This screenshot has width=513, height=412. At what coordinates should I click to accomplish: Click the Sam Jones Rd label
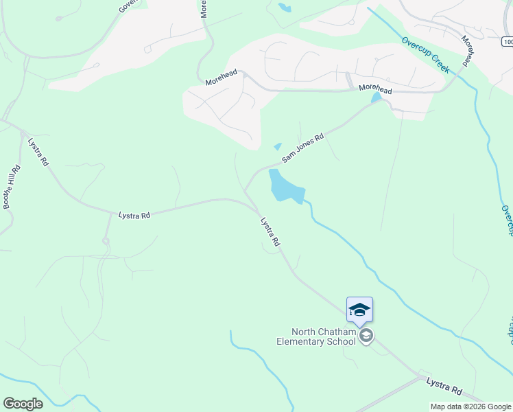[302, 148]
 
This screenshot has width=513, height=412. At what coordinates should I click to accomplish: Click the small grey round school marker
[366, 336]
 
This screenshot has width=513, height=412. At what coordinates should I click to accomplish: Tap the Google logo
[23, 403]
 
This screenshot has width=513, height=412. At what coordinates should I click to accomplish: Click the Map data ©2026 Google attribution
[470, 407]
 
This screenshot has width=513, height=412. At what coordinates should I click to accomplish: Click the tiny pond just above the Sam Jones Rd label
[277, 146]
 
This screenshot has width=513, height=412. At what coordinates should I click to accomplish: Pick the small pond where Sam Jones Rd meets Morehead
[375, 98]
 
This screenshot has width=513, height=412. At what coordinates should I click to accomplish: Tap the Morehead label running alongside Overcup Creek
[468, 51]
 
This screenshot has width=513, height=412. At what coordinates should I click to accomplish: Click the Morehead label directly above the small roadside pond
[375, 90]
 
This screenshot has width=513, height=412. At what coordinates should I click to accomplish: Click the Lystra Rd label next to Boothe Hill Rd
[38, 152]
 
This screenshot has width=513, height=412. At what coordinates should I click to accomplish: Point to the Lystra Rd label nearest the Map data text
[444, 385]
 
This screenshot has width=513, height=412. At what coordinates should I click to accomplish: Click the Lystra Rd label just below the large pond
[270, 232]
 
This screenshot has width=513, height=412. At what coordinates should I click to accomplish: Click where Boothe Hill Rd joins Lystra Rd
[23, 133]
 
